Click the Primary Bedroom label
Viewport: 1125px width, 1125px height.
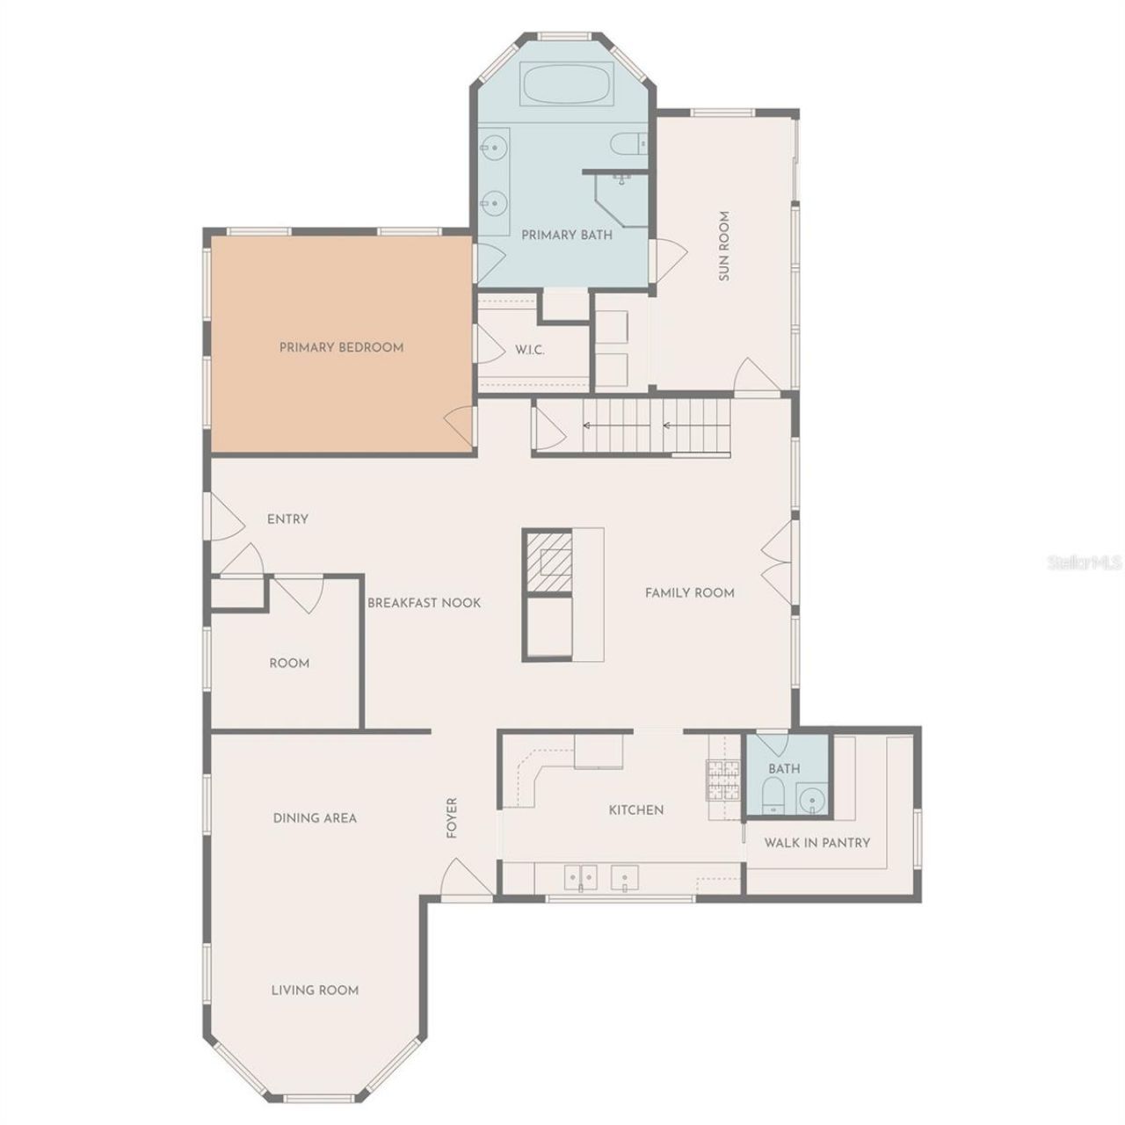[x=341, y=347]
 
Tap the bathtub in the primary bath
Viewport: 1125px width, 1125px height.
[x=566, y=86]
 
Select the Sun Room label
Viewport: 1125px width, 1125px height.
[x=724, y=245]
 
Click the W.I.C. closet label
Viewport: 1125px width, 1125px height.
[x=530, y=350]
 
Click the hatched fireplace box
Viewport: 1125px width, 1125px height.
[x=548, y=561]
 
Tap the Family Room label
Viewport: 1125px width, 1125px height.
[x=689, y=593]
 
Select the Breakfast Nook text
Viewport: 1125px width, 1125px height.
[x=424, y=603]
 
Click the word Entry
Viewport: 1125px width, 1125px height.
[x=287, y=519]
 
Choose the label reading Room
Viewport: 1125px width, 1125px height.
[x=289, y=664]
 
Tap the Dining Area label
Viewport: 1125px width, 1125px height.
[x=315, y=818]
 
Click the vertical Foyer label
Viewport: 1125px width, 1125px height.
[x=453, y=817]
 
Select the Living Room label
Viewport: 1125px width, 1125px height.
[x=315, y=991]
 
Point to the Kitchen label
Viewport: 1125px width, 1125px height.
[x=636, y=810]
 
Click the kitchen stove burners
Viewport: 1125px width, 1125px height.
[x=725, y=779]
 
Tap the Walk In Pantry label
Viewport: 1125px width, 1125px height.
[x=817, y=843]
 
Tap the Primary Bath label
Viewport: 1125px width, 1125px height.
[x=567, y=236]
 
